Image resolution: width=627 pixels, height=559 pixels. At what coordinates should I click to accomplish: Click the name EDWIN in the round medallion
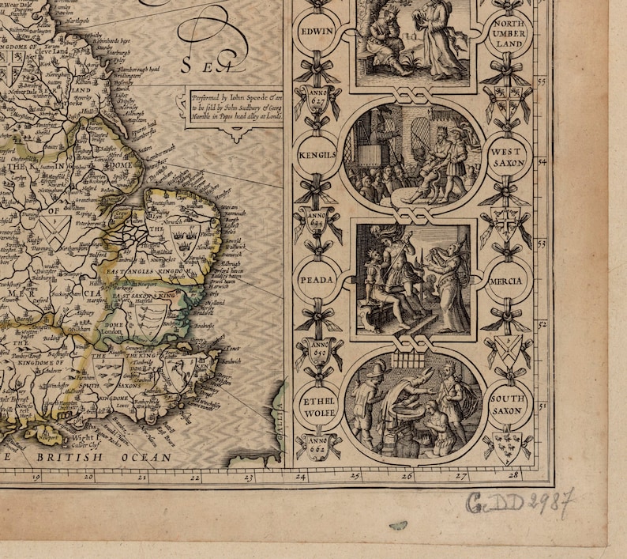coord(315,32)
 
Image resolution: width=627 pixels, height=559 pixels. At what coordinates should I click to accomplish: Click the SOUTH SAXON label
coord(507,405)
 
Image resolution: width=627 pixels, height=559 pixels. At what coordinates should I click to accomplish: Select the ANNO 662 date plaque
coord(315,446)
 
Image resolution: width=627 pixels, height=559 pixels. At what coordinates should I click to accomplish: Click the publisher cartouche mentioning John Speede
coord(234,105)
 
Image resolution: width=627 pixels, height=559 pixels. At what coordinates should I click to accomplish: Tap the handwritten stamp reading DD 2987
coord(519,501)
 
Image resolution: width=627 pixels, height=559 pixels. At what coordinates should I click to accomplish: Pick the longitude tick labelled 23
coord(247,478)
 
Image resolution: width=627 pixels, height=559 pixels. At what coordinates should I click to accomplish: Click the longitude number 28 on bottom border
coord(513,475)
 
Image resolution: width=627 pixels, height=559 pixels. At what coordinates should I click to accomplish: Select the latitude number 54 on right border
coord(543,161)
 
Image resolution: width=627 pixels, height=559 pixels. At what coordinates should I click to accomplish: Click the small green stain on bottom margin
coord(399,525)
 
